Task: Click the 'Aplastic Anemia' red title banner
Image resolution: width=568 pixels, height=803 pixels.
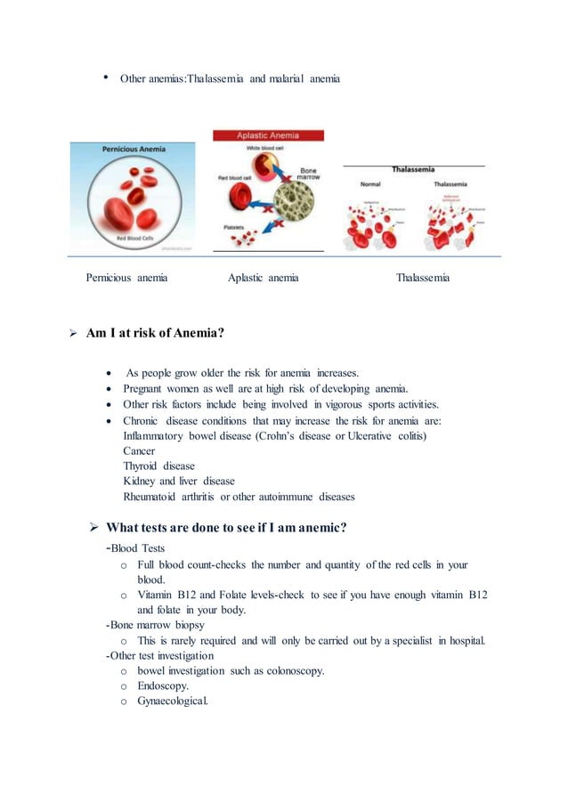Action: tap(268, 135)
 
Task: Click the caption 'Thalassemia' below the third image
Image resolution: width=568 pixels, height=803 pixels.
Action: tap(422, 279)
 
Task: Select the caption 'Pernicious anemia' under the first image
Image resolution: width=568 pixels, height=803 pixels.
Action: tap(126, 279)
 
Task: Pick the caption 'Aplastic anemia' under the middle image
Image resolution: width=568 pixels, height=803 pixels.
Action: tap(263, 279)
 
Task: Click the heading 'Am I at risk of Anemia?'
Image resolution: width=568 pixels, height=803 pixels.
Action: tap(155, 333)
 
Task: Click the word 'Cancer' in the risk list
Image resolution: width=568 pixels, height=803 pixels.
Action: tap(139, 451)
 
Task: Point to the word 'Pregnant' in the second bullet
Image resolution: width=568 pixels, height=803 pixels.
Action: tap(144, 388)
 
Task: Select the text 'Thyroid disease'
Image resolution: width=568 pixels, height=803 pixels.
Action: tap(158, 466)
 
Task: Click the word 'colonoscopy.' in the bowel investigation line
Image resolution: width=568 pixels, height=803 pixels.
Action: tap(291, 670)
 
